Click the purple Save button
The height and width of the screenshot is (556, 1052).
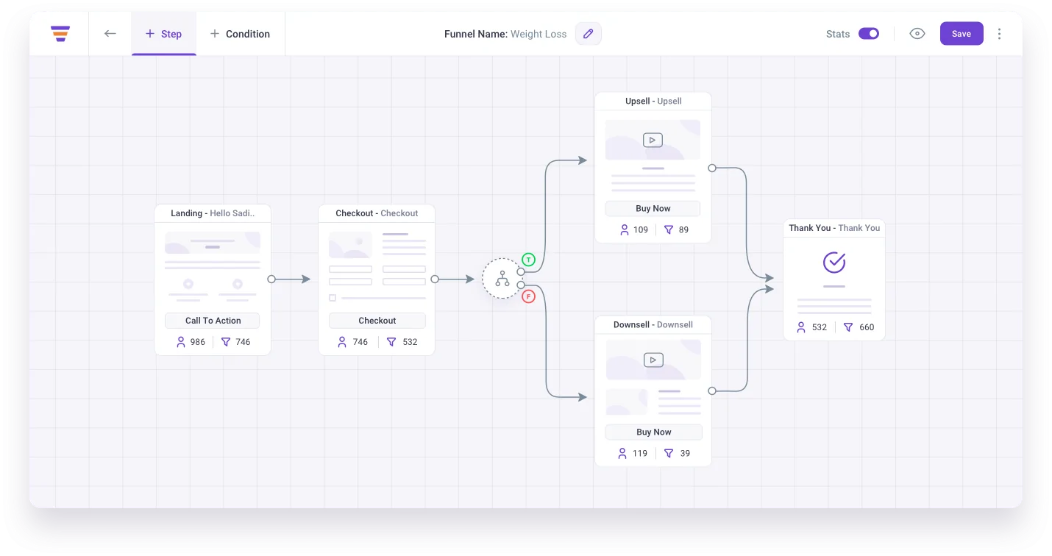(x=961, y=34)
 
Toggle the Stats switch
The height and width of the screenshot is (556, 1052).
(x=868, y=34)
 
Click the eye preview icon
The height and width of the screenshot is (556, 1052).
(x=917, y=34)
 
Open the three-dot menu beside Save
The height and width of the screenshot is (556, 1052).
(x=999, y=34)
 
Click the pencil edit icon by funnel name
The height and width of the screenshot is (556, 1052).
(x=588, y=34)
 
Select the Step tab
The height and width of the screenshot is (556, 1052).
(x=163, y=34)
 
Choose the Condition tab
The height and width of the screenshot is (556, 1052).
(x=240, y=34)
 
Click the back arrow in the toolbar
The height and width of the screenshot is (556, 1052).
(x=110, y=34)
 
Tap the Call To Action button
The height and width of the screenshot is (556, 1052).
(x=213, y=321)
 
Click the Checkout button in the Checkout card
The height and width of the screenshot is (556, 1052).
(x=377, y=321)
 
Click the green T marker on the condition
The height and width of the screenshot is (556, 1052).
(x=528, y=260)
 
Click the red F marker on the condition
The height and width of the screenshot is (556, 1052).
(x=528, y=296)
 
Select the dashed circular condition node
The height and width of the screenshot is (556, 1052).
(x=502, y=279)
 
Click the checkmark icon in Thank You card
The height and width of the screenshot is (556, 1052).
(x=834, y=262)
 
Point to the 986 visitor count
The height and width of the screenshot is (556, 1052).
(x=197, y=342)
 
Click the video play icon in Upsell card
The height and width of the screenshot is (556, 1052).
(x=653, y=140)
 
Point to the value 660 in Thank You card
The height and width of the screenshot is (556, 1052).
(x=867, y=327)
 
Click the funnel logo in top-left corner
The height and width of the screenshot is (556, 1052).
(x=60, y=34)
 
